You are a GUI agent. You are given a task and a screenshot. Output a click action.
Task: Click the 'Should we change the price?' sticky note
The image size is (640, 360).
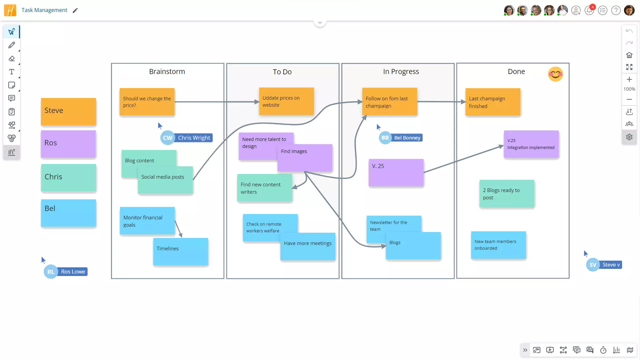click(147, 102)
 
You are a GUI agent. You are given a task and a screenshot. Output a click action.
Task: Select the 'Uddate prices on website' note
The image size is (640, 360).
click(286, 101)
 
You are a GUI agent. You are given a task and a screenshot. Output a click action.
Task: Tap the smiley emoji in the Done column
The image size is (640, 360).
click(555, 74)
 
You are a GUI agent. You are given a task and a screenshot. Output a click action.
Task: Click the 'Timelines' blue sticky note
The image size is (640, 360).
click(181, 252)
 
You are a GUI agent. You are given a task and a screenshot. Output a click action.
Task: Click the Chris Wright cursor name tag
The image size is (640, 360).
click(194, 138)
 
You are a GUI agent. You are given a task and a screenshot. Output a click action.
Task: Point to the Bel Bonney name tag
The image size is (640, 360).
click(407, 138)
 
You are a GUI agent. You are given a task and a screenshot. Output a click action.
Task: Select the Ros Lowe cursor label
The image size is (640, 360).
click(73, 272)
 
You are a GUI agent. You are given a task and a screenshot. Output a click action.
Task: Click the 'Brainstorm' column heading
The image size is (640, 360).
click(167, 71)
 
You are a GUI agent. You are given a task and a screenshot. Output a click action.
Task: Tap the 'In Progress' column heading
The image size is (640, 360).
click(401, 71)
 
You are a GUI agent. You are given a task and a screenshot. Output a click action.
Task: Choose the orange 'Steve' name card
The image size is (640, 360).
click(68, 112)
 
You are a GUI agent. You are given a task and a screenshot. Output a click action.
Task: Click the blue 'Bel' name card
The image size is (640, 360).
click(68, 213)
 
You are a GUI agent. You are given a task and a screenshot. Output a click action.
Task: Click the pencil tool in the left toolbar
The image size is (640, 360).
click(12, 45)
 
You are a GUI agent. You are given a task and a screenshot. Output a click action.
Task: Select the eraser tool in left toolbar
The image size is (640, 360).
click(12, 58)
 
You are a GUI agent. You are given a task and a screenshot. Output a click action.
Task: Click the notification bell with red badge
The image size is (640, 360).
click(589, 10)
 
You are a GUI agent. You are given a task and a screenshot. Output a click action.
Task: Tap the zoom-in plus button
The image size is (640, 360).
click(629, 79)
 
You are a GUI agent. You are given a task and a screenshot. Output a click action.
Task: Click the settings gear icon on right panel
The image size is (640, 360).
click(629, 137)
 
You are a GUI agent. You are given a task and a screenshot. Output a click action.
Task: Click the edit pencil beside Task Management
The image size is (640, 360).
click(75, 10)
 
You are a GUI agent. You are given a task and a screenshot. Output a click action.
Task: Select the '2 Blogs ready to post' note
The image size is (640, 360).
click(507, 194)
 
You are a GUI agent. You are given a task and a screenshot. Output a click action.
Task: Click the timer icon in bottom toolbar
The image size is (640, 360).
click(603, 350)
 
